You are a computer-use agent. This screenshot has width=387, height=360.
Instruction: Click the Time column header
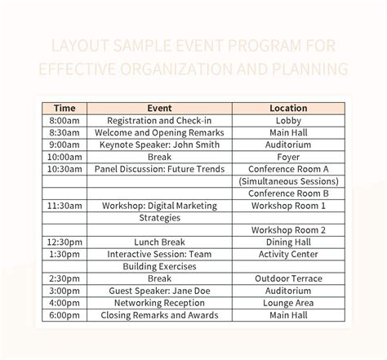pyautogui.click(x=64, y=107)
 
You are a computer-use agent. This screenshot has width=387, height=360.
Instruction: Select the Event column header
pyautogui.click(x=158, y=107)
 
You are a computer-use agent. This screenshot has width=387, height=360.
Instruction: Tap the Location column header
pyautogui.click(x=288, y=107)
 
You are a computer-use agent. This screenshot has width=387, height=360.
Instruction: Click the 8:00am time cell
pyautogui.click(x=64, y=119)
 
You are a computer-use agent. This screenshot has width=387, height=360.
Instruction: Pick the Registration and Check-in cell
pyautogui.click(x=158, y=119)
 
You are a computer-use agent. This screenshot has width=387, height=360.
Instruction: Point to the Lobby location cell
pyautogui.click(x=288, y=119)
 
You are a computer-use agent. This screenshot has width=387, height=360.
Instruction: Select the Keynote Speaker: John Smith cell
pyautogui.click(x=158, y=144)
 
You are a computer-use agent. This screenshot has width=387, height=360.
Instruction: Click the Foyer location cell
pyautogui.click(x=288, y=156)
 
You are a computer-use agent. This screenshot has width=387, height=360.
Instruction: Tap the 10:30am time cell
pyautogui.click(x=64, y=168)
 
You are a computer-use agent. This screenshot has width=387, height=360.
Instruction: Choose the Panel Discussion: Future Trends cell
pyautogui.click(x=158, y=168)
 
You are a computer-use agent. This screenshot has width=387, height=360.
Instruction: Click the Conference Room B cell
pyautogui.click(x=288, y=193)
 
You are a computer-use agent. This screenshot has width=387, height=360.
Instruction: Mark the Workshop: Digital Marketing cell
pyautogui.click(x=158, y=206)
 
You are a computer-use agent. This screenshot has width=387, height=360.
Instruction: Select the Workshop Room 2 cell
pyautogui.click(x=288, y=230)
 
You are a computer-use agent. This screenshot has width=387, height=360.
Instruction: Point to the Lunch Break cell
pyautogui.click(x=158, y=242)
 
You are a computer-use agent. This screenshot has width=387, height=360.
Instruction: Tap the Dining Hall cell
pyautogui.click(x=288, y=242)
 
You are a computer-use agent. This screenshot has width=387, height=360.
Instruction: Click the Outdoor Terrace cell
pyautogui.click(x=288, y=278)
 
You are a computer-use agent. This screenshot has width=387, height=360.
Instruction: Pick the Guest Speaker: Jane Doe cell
pyautogui.click(x=158, y=291)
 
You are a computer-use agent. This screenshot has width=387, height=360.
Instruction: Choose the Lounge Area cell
pyautogui.click(x=288, y=303)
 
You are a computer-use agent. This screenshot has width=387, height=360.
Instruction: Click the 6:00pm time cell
pyautogui.click(x=64, y=315)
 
